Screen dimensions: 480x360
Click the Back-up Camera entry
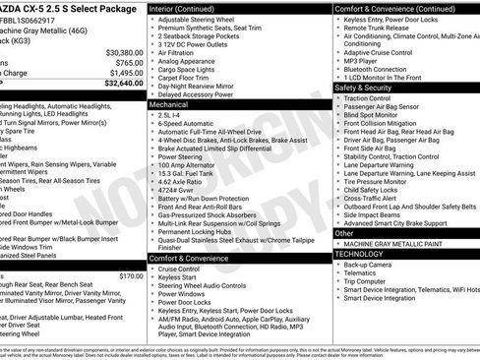pos(370,265)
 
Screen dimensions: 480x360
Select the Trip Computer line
pos(366,281)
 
